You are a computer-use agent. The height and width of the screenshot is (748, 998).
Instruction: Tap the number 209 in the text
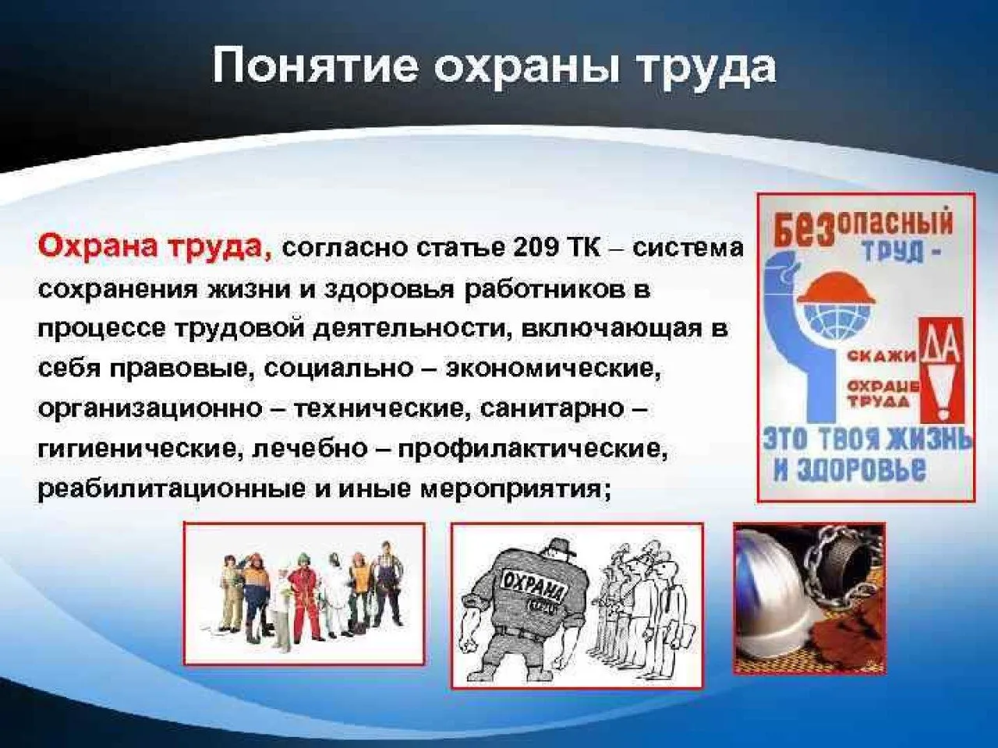point(534,248)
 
